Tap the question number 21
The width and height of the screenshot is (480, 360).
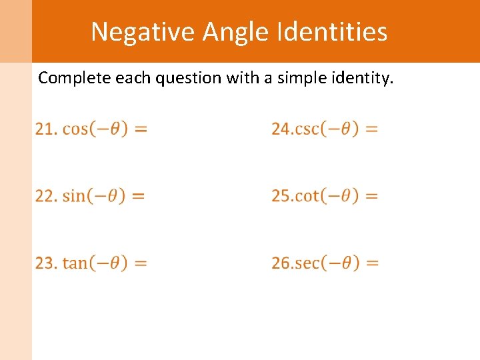pyautogui.click(x=45, y=129)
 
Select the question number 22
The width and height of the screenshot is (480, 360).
pyautogui.click(x=45, y=196)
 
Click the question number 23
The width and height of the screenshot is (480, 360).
pyautogui.click(x=45, y=263)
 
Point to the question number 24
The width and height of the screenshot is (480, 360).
pyautogui.click(x=281, y=129)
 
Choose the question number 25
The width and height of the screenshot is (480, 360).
pyautogui.click(x=281, y=196)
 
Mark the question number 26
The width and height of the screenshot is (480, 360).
pyautogui.click(x=281, y=263)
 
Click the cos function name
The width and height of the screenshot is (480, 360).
pyautogui.click(x=75, y=129)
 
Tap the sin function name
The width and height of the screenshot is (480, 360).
pyautogui.click(x=74, y=196)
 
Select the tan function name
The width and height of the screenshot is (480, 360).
pyautogui.click(x=75, y=263)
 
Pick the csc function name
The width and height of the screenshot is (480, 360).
pyautogui.click(x=307, y=129)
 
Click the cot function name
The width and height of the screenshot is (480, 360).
pyautogui.click(x=307, y=196)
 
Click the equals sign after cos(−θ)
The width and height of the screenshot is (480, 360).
pyautogui.click(x=141, y=129)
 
